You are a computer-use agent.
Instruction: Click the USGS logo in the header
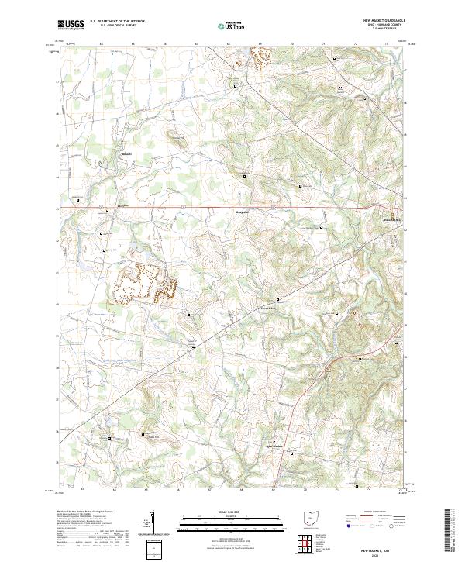click(x=71, y=25)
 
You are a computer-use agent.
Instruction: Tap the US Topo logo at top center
click(x=232, y=25)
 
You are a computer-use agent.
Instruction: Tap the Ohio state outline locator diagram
click(x=312, y=519)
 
